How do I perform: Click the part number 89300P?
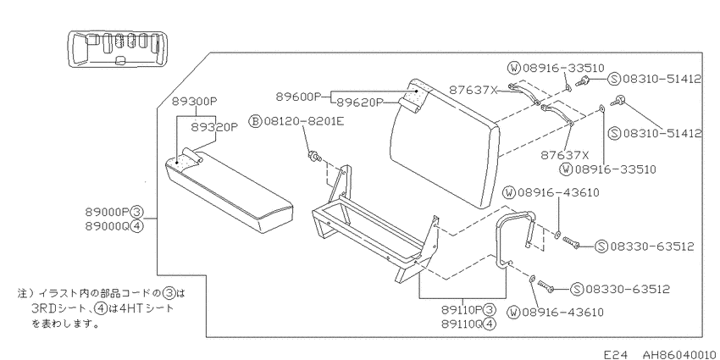[x=193, y=102]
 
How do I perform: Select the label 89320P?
[x=214, y=127]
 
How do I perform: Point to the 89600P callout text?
[x=298, y=97]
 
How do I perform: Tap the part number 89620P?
[x=359, y=102]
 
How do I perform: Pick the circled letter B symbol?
[x=255, y=121]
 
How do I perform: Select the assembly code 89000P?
[x=108, y=212]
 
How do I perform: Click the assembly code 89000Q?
[x=108, y=226]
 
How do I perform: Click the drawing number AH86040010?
[x=678, y=354]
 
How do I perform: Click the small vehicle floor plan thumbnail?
[x=115, y=50]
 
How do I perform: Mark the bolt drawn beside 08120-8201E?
[x=314, y=157]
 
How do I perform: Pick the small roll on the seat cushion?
[x=193, y=155]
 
